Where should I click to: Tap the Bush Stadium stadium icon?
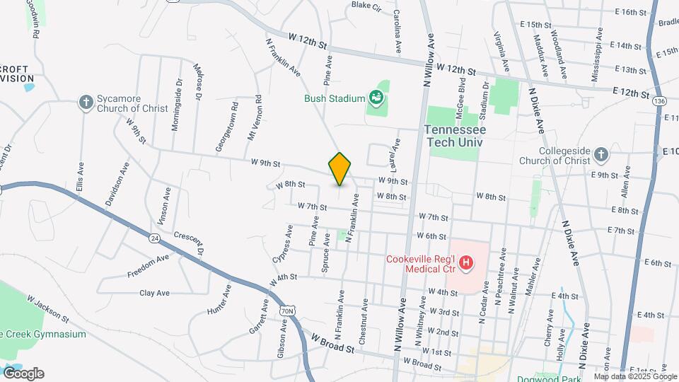point(376,98)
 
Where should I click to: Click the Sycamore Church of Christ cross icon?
point(86,103)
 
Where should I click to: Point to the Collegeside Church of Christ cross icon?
point(600,154)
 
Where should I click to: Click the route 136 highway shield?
point(659,102)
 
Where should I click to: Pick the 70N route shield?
point(286,310)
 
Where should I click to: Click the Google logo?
point(23,373)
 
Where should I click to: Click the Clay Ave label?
point(154,292)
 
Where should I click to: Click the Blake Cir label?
point(366,6)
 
